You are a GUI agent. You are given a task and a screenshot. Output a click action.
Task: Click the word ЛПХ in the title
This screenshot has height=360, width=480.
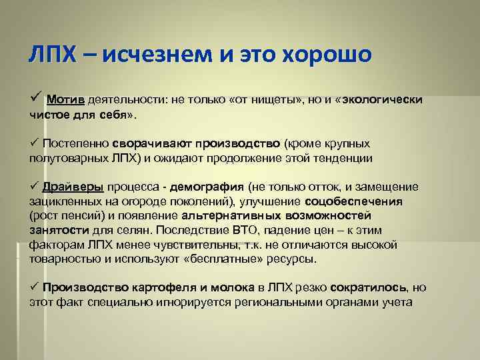point(53,53)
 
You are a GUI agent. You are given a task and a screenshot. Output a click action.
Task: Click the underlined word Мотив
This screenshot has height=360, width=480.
point(65,100)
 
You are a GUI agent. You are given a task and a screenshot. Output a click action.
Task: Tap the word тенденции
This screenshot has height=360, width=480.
point(339,159)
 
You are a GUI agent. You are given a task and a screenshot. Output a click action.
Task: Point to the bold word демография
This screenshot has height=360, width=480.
point(213,187)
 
